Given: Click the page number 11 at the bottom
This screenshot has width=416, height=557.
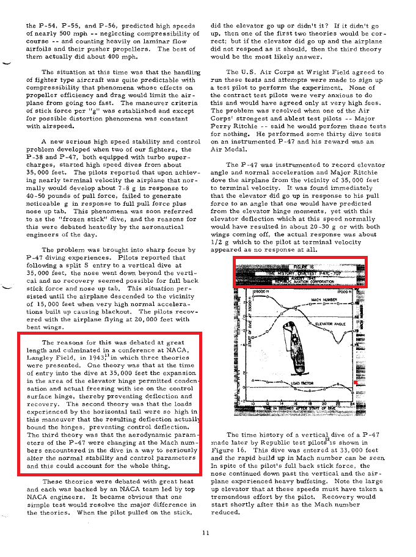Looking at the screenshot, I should (205, 533).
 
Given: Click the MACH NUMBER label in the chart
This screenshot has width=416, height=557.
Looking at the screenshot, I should (324, 300).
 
